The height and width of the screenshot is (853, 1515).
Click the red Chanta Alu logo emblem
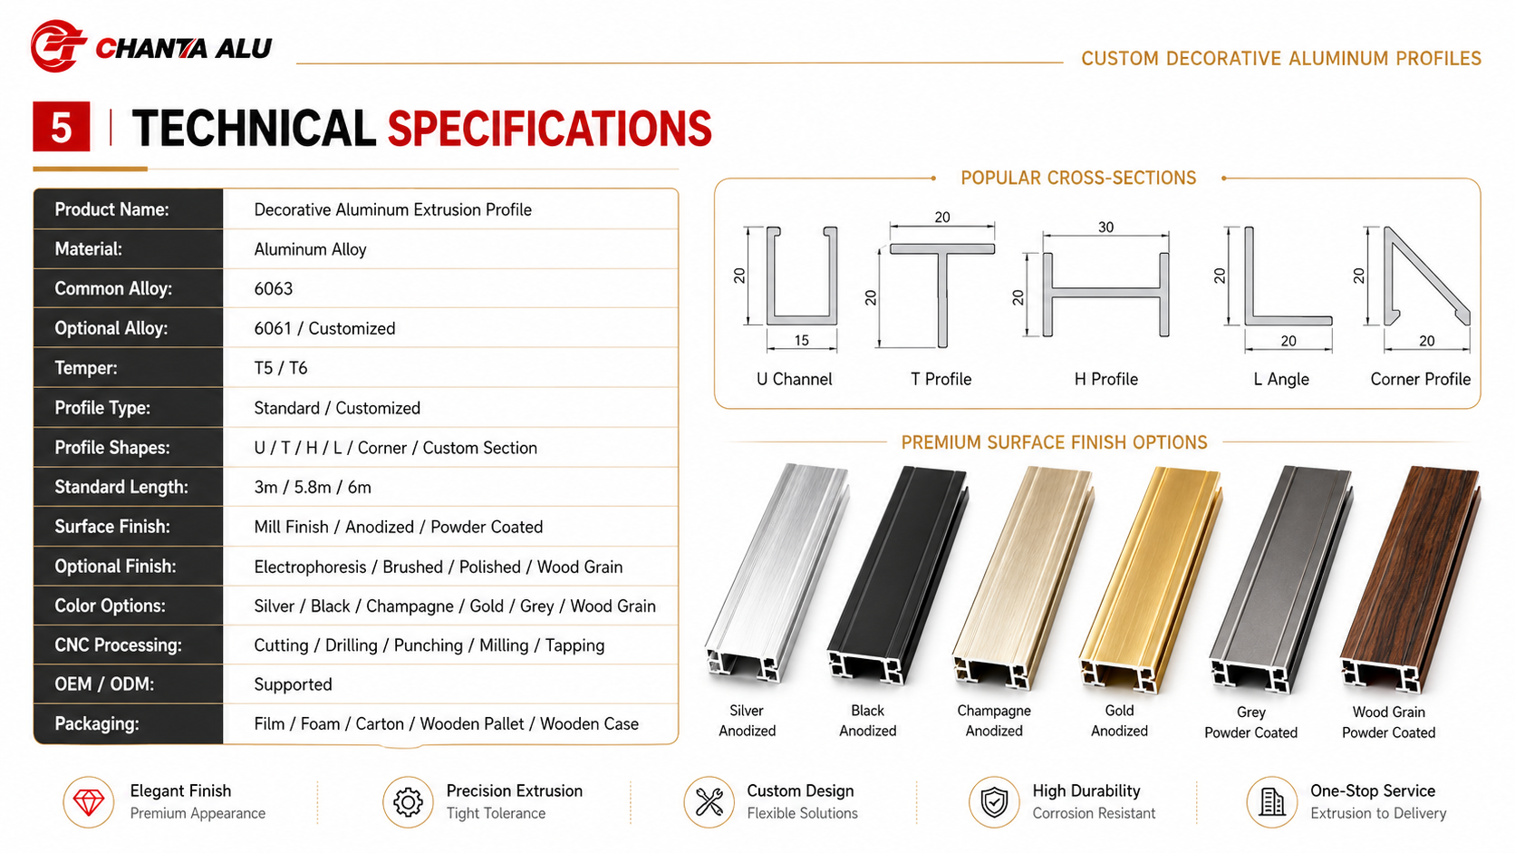click(x=59, y=46)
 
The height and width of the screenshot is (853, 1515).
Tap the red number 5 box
click(x=61, y=127)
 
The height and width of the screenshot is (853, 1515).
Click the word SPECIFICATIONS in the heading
click(x=549, y=129)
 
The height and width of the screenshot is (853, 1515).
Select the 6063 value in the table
click(x=274, y=289)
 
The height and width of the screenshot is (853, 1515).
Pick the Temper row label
click(x=86, y=368)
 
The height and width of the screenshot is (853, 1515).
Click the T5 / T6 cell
click(x=281, y=368)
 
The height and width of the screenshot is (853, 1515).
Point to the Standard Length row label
click(x=121, y=487)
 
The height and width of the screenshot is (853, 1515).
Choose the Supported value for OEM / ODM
click(x=293, y=684)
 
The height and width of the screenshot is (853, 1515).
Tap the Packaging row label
click(x=97, y=723)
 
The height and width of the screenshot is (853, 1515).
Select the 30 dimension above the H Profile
click(x=1105, y=228)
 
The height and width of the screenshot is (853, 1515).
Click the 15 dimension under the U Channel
click(x=802, y=340)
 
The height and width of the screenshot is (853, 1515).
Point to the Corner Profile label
click(x=1421, y=380)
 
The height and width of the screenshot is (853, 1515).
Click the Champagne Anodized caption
click(x=994, y=721)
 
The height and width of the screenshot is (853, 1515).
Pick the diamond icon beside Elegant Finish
click(x=89, y=802)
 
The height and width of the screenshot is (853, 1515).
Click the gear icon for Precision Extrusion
click(x=408, y=802)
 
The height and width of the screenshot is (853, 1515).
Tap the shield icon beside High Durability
click(x=994, y=802)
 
